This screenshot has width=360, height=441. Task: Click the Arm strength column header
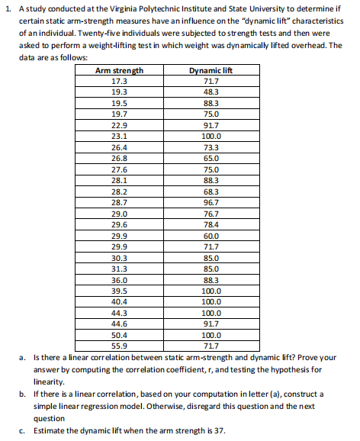tap(119, 71)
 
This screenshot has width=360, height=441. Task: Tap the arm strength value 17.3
tap(119, 81)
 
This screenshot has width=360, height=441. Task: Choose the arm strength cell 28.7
tap(119, 203)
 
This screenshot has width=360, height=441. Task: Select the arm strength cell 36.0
tap(119, 280)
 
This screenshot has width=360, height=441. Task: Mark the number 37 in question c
tap(219, 430)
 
